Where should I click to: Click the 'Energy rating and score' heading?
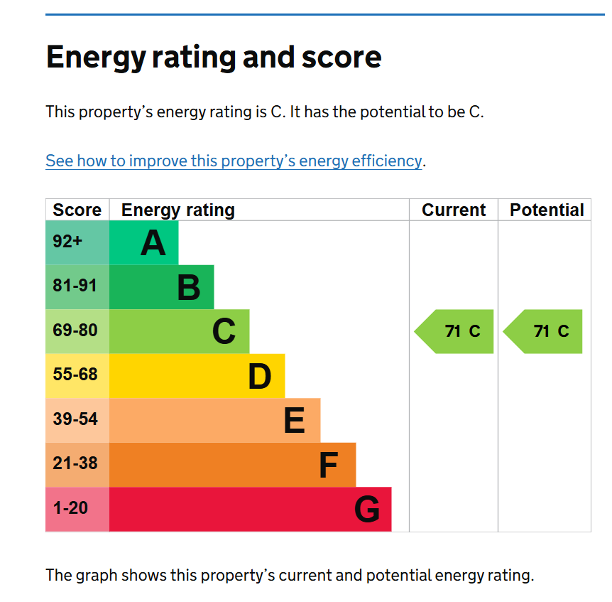pos(213,57)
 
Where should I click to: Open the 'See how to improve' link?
pos(234,161)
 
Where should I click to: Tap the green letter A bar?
pos(144,242)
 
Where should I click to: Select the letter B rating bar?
pos(162,287)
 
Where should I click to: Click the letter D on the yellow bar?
pos(260,377)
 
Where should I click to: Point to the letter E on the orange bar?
pos(294,421)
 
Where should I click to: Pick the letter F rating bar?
pos(232,465)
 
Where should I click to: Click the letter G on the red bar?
pos(367,510)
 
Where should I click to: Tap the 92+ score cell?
pos(68,242)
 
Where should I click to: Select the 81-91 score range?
pos(75,286)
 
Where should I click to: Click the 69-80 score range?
pos(75,330)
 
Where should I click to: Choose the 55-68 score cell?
pos(75,375)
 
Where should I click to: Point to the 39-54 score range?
pos(75,419)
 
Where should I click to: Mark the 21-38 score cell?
pos(75,463)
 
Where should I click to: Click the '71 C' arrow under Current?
pos(455,331)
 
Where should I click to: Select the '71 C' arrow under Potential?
pos(544,331)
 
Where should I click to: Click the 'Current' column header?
pos(454,210)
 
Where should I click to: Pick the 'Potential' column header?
pos(547,210)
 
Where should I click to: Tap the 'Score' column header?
pos(77,210)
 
